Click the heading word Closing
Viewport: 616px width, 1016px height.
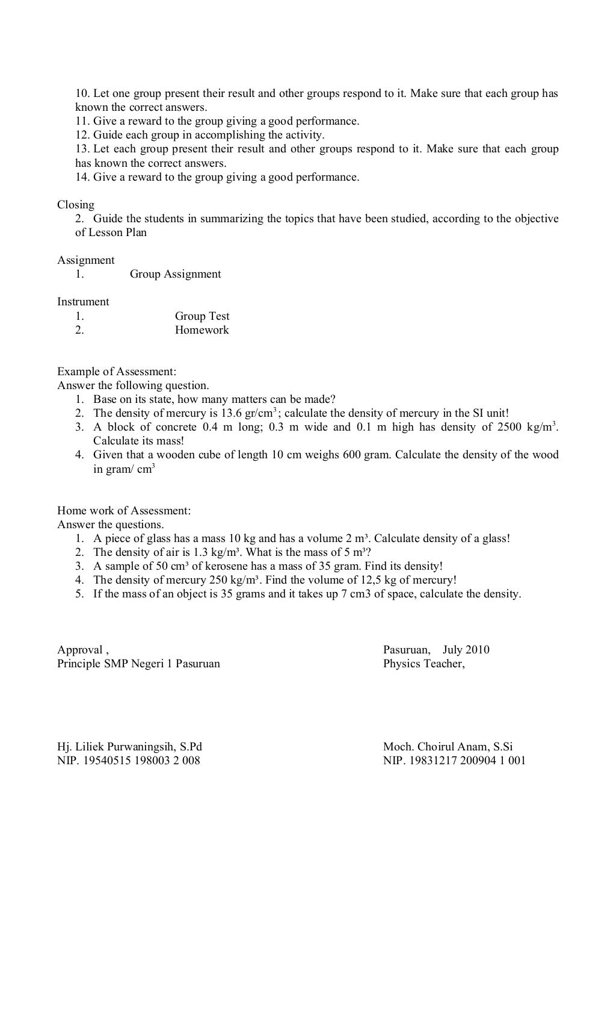click(x=76, y=205)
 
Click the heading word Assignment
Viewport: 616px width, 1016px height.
click(x=85, y=260)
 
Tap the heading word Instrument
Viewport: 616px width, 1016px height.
click(x=83, y=302)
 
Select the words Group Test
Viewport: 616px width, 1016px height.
click(x=202, y=316)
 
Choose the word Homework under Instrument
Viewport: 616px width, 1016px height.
click(x=202, y=330)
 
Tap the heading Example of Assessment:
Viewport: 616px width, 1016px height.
click(x=117, y=372)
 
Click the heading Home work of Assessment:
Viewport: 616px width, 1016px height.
click(x=124, y=511)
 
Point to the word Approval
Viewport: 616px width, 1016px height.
click(x=80, y=650)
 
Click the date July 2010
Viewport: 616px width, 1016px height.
click(x=466, y=650)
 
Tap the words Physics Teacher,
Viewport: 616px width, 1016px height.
click(x=424, y=664)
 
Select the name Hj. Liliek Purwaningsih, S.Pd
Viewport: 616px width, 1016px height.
click(x=129, y=747)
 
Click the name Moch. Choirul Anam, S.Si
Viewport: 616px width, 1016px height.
click(x=448, y=747)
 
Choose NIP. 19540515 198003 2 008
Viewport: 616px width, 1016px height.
click(x=129, y=761)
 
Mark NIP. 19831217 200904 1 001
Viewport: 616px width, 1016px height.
click(x=454, y=761)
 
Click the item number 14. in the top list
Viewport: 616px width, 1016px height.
click(x=83, y=177)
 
